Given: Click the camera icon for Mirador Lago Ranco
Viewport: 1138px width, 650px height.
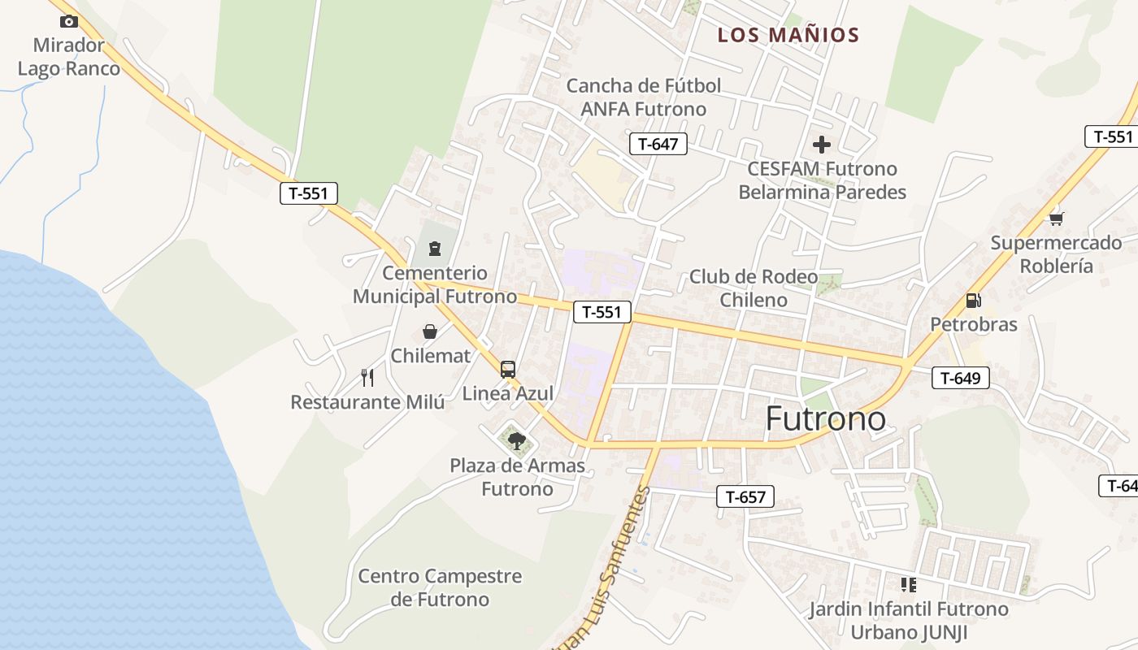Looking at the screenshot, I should [69, 22].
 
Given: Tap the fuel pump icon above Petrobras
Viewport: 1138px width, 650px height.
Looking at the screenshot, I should [973, 301].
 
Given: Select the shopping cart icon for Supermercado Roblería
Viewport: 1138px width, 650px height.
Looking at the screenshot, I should [1056, 219].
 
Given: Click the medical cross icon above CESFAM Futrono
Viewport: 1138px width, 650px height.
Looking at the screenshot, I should [822, 145].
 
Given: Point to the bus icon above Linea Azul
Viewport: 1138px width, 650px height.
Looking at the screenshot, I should [508, 370].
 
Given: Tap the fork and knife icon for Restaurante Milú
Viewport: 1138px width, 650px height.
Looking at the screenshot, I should [367, 377].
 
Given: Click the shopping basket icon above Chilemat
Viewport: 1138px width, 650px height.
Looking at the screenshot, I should [430, 331].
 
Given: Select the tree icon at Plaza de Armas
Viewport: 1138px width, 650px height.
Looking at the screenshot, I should [516, 441].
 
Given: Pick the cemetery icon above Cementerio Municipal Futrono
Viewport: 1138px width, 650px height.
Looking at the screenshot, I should [434, 248].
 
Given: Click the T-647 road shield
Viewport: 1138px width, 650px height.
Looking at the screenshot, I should [658, 145].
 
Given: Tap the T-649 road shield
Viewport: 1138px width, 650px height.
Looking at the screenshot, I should [960, 377].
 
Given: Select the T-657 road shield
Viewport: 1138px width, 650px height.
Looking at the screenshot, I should [745, 496].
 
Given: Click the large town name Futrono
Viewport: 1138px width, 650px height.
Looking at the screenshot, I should [826, 418].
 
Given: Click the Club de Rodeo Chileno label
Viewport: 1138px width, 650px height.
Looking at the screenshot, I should [754, 288].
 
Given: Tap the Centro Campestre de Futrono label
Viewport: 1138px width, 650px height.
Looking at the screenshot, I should [440, 588].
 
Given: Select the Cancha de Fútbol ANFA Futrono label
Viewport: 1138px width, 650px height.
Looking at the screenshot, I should [644, 97].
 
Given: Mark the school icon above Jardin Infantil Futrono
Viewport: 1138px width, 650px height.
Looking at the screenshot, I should [908, 584].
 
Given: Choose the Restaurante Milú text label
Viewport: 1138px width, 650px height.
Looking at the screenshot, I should [367, 402].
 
